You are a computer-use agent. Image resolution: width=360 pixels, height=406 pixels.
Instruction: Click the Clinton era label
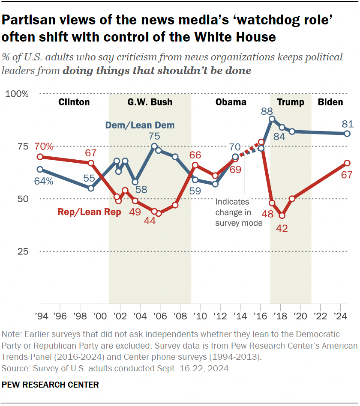click(74, 102)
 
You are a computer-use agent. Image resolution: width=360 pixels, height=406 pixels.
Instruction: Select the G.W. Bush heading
click(150, 102)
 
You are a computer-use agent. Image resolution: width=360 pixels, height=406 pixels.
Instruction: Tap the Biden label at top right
click(330, 102)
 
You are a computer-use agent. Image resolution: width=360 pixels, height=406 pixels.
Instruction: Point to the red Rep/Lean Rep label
click(89, 212)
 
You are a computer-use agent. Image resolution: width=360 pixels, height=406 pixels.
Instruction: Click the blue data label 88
click(267, 111)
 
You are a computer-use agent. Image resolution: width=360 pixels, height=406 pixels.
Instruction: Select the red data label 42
click(281, 229)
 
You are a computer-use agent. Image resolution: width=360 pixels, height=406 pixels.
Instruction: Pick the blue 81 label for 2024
click(347, 125)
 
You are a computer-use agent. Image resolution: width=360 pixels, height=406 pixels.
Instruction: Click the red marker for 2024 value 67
click(348, 163)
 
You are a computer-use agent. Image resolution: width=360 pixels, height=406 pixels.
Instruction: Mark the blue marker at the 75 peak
click(154, 146)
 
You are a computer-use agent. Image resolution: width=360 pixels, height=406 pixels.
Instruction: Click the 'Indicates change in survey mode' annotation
click(239, 212)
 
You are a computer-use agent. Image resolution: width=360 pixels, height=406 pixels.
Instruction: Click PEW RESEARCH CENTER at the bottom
click(50, 385)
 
